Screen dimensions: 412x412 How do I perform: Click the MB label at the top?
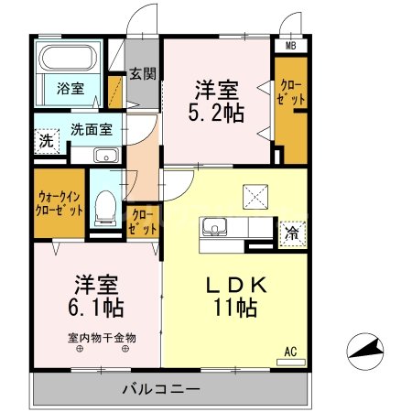[x=290, y=45]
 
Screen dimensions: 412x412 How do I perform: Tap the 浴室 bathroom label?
[x=70, y=88]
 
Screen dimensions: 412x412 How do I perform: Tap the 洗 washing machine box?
[x=46, y=142]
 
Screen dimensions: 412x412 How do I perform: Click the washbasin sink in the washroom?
[x=106, y=155]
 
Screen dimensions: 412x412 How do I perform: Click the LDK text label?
[x=234, y=286]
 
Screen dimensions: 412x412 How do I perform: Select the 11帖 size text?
[x=234, y=309]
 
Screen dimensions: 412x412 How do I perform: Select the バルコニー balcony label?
[x=162, y=389]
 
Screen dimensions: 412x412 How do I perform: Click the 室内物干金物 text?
[x=102, y=337]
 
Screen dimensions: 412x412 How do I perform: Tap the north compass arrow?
[x=366, y=350]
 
